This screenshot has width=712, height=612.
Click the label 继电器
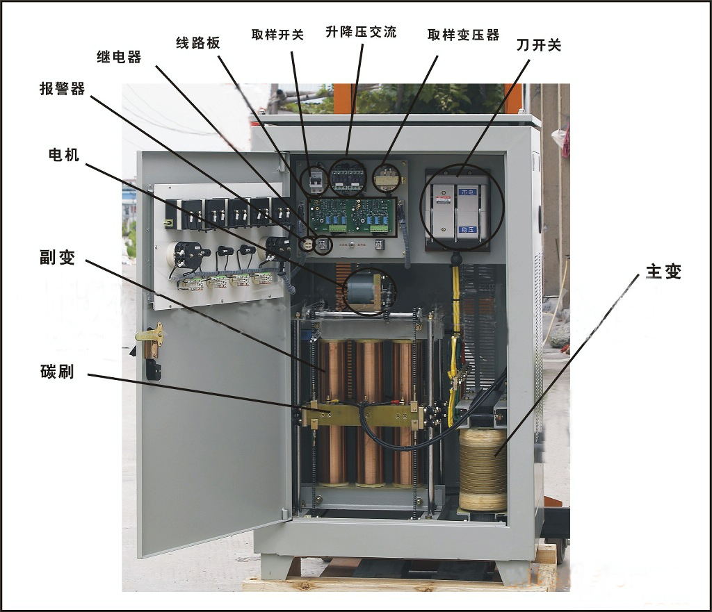pyautogui.click(x=118, y=57)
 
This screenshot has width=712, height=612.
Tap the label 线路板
pyautogui.click(x=197, y=42)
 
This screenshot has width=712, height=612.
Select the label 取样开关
pyautogui.click(x=277, y=34)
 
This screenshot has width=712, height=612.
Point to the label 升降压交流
pyautogui.click(x=361, y=32)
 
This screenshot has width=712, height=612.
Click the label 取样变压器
pyautogui.click(x=463, y=35)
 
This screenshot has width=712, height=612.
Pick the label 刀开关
pyautogui.click(x=539, y=45)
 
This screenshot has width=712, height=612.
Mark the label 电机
pyautogui.click(x=63, y=155)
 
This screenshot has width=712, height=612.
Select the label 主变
pyautogui.click(x=663, y=272)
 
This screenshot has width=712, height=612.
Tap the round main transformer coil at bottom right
pyautogui.click(x=483, y=470)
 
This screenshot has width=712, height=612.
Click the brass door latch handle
pyautogui.click(x=150, y=336)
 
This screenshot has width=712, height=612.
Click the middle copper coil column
pyautogui.click(x=369, y=410)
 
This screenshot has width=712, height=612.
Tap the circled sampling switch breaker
pyautogui.click(x=316, y=181)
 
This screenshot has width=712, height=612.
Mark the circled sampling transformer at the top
pyautogui.click(x=387, y=179)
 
